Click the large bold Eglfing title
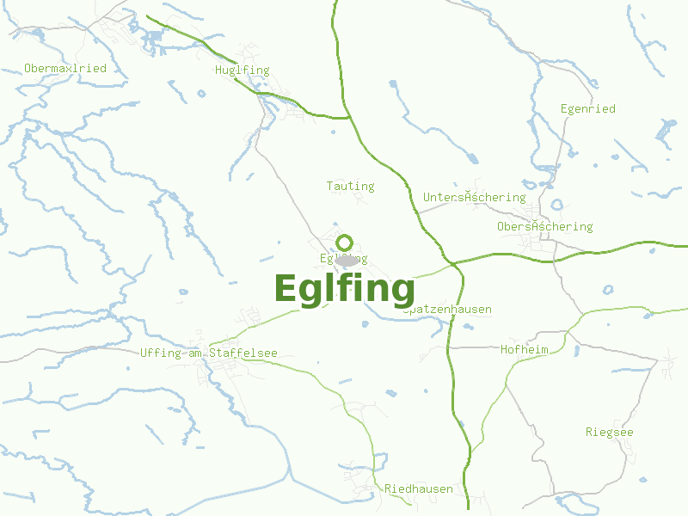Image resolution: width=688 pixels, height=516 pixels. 344,289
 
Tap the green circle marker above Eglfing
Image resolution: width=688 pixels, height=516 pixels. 345,242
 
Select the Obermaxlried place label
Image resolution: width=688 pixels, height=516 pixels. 65,68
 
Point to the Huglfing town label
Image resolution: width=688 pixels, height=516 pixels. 243,71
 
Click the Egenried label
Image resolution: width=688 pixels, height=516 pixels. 587,109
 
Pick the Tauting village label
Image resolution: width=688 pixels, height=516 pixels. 350,186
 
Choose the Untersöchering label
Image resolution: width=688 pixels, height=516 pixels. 474,197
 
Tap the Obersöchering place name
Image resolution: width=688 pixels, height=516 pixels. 544,226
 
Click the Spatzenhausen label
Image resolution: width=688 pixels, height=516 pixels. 448,310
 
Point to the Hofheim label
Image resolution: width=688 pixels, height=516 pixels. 524,349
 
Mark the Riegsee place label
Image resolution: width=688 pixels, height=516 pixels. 609,432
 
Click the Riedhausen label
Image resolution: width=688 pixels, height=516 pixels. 418,488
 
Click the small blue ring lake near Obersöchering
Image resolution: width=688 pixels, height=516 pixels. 556,206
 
